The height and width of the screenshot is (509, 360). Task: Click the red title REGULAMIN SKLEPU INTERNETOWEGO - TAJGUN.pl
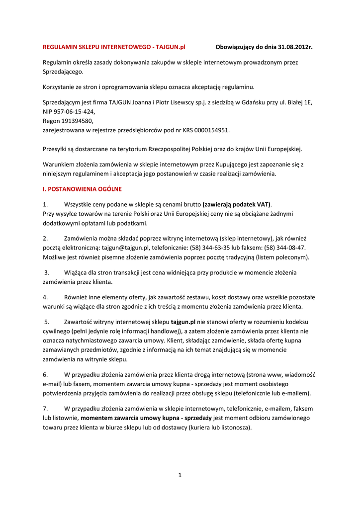pyautogui.click(x=114, y=47)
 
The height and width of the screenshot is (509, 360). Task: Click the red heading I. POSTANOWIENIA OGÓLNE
pyautogui.click(x=82, y=189)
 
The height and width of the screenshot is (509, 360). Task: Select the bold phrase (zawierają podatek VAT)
pyautogui.click(x=237, y=204)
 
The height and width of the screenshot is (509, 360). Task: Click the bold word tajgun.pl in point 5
pyautogui.click(x=183, y=322)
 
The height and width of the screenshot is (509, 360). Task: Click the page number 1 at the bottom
pyautogui.click(x=180, y=475)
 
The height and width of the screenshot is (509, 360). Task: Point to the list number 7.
pyautogui.click(x=45, y=409)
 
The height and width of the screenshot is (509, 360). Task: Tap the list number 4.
pyautogui.click(x=45, y=297)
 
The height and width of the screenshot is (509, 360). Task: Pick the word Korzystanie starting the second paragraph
pyautogui.click(x=60, y=87)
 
